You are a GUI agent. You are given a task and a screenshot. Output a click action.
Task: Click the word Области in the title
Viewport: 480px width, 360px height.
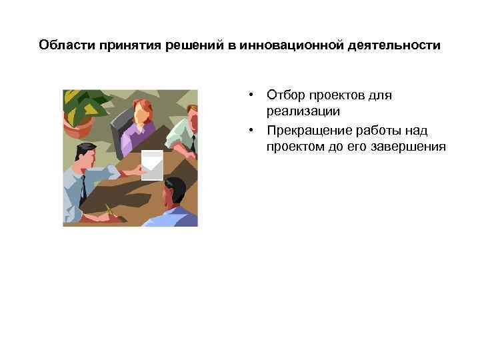[x=66, y=45]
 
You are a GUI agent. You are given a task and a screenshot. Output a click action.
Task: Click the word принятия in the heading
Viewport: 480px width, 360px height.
[x=124, y=45]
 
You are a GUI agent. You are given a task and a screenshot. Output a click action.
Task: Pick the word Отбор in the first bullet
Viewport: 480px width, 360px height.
[x=283, y=95]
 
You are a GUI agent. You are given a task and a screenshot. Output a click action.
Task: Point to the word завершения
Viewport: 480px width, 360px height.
[x=411, y=147]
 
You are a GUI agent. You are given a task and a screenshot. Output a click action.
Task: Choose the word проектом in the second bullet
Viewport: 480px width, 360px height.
[x=294, y=147]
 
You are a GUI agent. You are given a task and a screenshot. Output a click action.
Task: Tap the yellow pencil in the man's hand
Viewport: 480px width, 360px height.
[x=109, y=214]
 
